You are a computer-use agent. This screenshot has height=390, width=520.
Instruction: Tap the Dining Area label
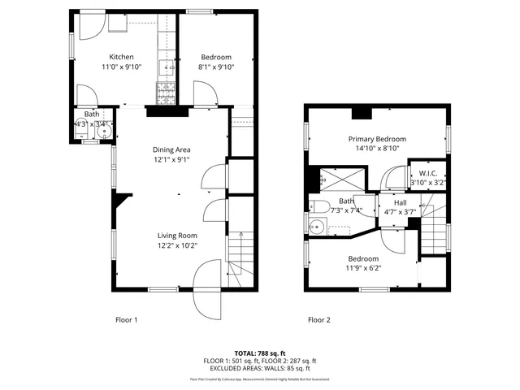(171, 149)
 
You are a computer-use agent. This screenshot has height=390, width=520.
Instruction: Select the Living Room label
(177, 235)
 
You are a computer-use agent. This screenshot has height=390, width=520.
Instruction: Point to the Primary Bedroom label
(377, 139)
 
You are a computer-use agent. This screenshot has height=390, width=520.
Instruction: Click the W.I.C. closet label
(427, 173)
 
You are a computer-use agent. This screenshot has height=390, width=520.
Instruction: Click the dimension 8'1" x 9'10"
(216, 67)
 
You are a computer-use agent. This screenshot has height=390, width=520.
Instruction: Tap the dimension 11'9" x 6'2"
(363, 268)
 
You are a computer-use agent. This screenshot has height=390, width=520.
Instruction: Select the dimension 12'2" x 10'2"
(177, 245)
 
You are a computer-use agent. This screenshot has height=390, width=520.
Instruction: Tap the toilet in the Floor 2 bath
(321, 206)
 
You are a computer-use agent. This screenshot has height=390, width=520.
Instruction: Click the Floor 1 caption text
(126, 320)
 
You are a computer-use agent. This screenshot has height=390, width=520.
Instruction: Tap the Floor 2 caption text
(318, 320)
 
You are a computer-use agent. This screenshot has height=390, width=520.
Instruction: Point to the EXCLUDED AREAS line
(260, 368)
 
